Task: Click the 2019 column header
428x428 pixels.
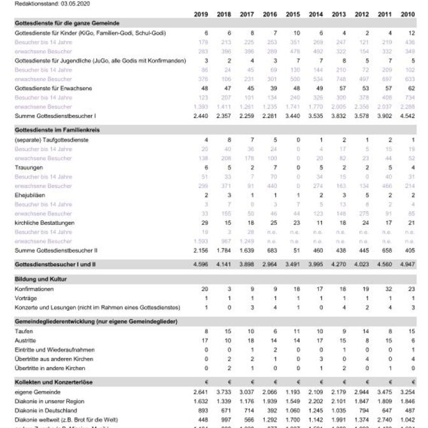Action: tap(200, 13)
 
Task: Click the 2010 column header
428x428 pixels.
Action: tap(407, 13)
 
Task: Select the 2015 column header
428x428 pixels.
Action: tap(292, 13)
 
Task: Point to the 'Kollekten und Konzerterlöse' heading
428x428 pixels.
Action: tap(54, 382)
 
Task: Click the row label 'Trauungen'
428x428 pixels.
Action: tap(29, 167)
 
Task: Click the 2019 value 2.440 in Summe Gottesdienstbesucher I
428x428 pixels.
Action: tap(200, 116)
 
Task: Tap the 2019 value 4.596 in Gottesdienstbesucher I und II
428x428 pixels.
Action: tap(200, 263)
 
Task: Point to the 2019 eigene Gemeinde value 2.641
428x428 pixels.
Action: tap(200, 392)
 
